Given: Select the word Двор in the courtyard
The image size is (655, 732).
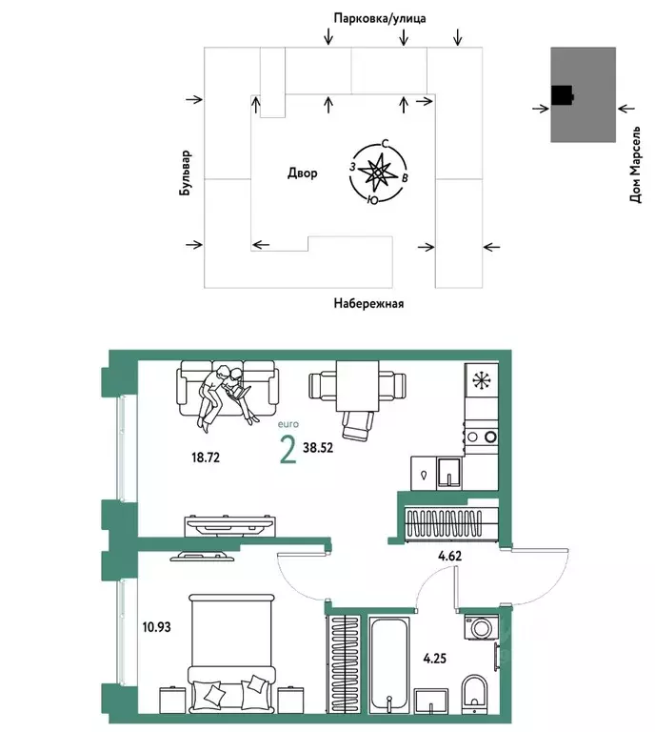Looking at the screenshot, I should pyautogui.click(x=302, y=173).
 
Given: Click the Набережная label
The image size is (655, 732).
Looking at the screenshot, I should pyautogui.click(x=369, y=304).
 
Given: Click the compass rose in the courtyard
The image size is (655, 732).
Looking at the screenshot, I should pyautogui.click(x=379, y=173).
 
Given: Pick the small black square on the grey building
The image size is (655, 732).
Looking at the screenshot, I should pyautogui.click(x=563, y=94).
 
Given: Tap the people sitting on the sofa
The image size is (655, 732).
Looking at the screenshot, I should pyautogui.click(x=226, y=393).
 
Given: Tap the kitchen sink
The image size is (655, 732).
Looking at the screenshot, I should pyautogui.click(x=449, y=471).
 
